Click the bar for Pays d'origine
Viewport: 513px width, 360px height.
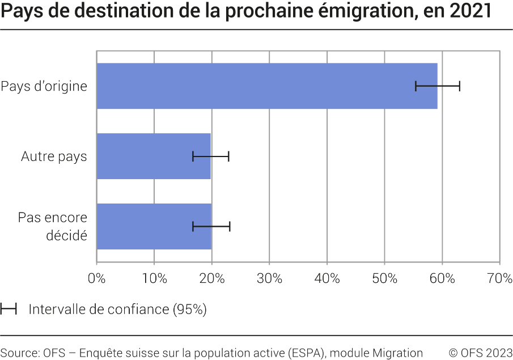coord(255,86)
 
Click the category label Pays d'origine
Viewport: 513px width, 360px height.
coord(44,87)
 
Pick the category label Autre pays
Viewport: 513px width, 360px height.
coord(54,156)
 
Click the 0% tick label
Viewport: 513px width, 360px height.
coord(97,278)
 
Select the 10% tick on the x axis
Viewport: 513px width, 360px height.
coord(154,278)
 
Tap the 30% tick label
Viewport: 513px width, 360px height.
coord(269,278)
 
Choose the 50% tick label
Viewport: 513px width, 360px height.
coord(384,278)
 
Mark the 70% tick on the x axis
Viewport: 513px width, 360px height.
coord(499,278)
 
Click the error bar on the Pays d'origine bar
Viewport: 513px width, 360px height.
coord(438,86)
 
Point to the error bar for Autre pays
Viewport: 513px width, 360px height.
coord(211,156)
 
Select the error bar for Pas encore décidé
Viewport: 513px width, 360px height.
coord(211,227)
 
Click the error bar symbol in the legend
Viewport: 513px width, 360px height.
coord(9,310)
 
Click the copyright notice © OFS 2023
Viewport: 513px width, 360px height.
coord(481,353)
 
